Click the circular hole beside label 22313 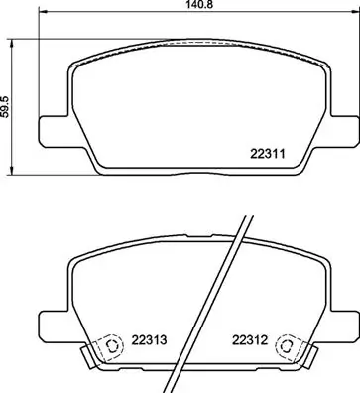110,347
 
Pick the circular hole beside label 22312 288,347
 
